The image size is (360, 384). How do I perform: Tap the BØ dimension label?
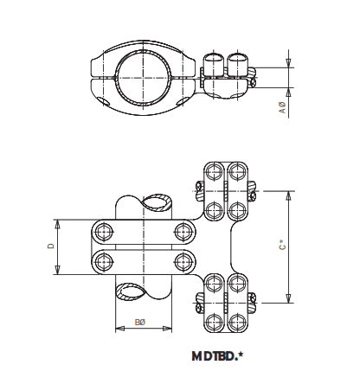(x=140, y=324)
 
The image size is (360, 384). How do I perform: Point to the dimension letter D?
(x=49, y=246)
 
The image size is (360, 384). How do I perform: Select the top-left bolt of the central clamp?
(x=105, y=231)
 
